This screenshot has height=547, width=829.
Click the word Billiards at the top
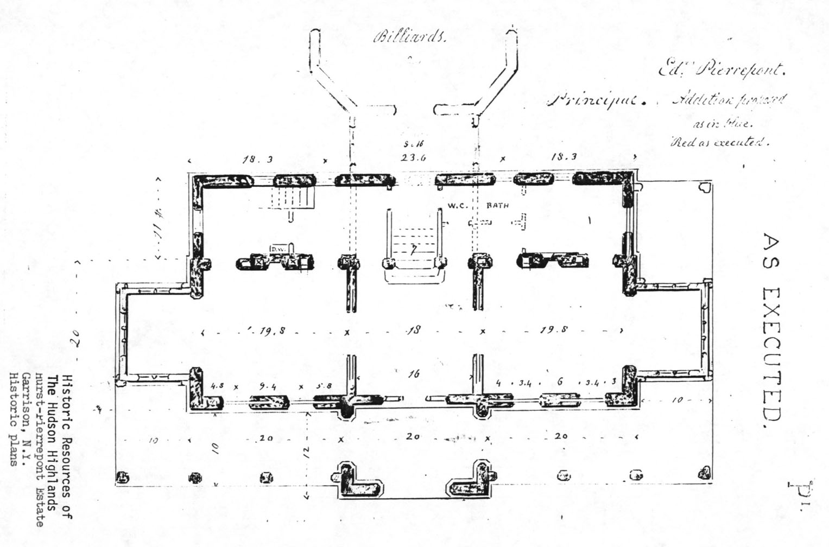tap(410, 37)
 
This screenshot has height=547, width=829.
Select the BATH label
tap(497, 206)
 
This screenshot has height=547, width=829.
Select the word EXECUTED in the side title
tap(771, 358)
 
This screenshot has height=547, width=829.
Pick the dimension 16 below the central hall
tap(414, 374)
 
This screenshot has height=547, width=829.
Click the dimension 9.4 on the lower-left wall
tap(268, 386)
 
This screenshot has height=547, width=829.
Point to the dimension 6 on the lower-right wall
tap(560, 382)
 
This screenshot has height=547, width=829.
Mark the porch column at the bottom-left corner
tap(123, 478)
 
